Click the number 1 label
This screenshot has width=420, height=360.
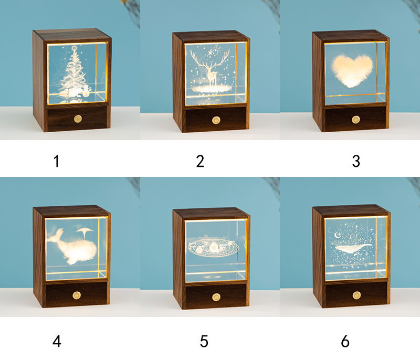[56, 161]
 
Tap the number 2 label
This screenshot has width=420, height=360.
[199, 161]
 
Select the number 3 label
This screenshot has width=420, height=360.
[356, 161]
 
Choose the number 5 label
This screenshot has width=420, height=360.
[204, 341]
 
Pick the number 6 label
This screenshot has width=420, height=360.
[345, 341]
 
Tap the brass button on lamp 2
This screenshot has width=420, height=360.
[216, 120]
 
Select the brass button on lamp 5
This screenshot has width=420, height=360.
[216, 297]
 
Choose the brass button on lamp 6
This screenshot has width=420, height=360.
[355, 295]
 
